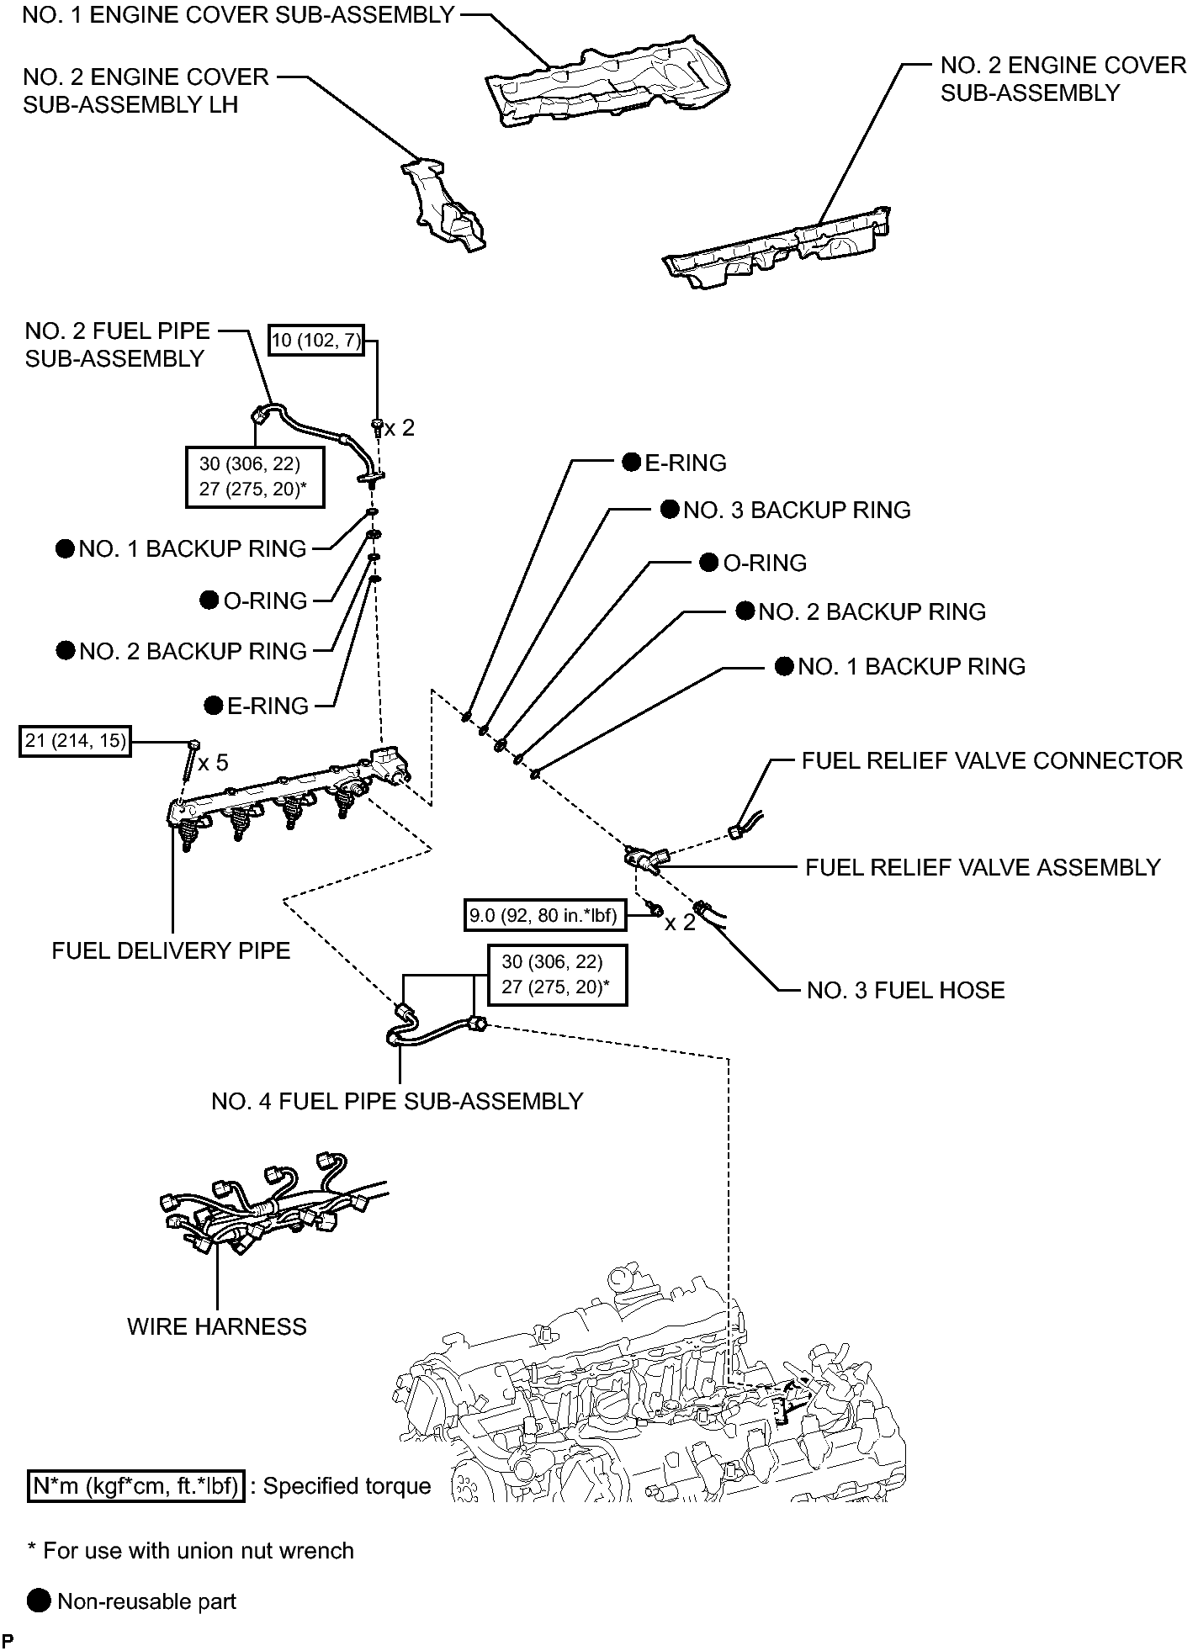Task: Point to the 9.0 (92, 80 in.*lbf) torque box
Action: [545, 915]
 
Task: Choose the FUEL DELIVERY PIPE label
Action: [171, 950]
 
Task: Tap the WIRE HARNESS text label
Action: [217, 1326]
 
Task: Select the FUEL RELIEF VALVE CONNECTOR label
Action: [992, 760]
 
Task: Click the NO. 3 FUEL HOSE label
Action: [905, 990]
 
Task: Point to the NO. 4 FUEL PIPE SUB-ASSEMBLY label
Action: [397, 1101]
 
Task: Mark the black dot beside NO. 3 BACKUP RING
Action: [670, 509]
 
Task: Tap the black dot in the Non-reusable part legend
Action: [39, 1601]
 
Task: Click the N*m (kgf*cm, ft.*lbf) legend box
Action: [135, 1486]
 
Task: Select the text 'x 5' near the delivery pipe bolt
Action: [214, 763]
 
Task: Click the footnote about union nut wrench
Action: [191, 1550]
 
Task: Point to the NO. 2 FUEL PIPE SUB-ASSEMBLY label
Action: [117, 345]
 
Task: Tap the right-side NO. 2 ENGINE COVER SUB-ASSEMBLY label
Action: [1063, 79]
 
